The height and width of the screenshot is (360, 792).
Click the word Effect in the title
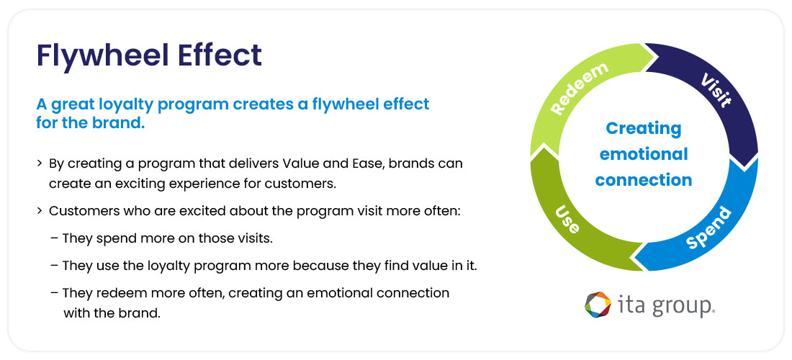pyautogui.click(x=221, y=55)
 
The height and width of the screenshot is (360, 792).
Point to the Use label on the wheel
pyautogui.click(x=567, y=219)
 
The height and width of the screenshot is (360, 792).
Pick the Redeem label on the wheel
pyautogui.click(x=580, y=88)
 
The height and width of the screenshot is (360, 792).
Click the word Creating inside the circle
pyautogui.click(x=643, y=129)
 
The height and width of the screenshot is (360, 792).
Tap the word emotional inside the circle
pyautogui.click(x=643, y=154)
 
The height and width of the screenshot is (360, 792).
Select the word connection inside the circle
pyautogui.click(x=643, y=180)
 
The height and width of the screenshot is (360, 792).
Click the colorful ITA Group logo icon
pyautogui.click(x=598, y=305)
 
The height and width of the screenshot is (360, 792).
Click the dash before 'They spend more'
pyautogui.click(x=55, y=238)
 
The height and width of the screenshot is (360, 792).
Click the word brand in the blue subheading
pyautogui.click(x=123, y=122)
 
